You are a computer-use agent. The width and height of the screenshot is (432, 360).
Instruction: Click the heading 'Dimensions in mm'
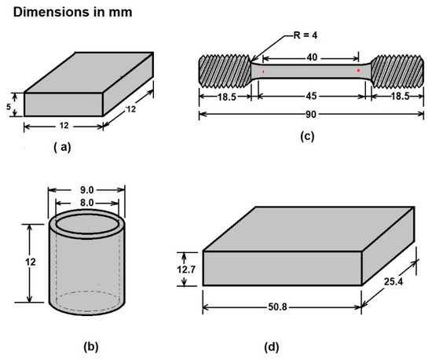click(73, 13)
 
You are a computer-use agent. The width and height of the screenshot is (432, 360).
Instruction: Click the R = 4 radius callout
click(306, 35)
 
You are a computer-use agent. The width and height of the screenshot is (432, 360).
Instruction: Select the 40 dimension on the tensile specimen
click(312, 57)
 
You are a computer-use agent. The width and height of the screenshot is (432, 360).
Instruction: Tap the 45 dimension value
click(311, 96)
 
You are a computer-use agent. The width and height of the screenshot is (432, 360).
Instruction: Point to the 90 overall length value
click(311, 114)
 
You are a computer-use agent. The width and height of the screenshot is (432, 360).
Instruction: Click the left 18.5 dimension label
click(227, 97)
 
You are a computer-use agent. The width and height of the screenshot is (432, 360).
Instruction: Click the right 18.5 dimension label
click(401, 96)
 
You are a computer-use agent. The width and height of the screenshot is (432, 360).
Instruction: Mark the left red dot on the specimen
click(263, 72)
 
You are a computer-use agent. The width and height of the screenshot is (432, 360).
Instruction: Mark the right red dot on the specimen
click(358, 71)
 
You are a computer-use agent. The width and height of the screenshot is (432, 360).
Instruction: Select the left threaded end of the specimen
click(225, 71)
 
